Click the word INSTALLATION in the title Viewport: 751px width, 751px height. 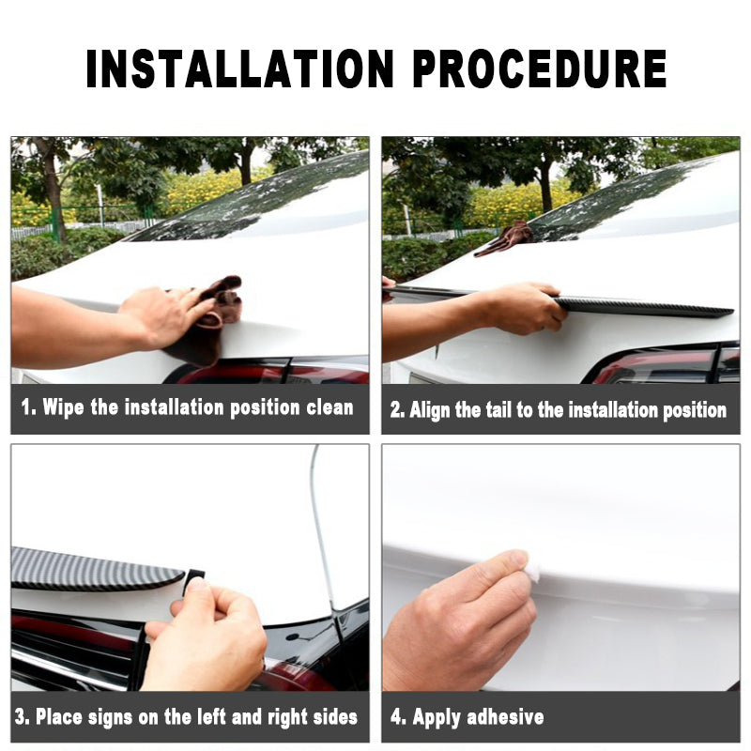(x=240, y=69)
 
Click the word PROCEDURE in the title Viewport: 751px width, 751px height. (x=539, y=69)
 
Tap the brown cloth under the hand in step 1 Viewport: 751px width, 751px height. (x=206, y=321)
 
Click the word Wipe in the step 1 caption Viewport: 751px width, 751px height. (x=63, y=407)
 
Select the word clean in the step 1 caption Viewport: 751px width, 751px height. (x=330, y=407)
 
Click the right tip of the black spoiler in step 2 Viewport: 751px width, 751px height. (x=733, y=312)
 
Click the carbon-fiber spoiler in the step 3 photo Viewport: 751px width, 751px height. (x=96, y=570)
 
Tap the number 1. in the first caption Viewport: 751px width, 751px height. (x=29, y=407)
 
